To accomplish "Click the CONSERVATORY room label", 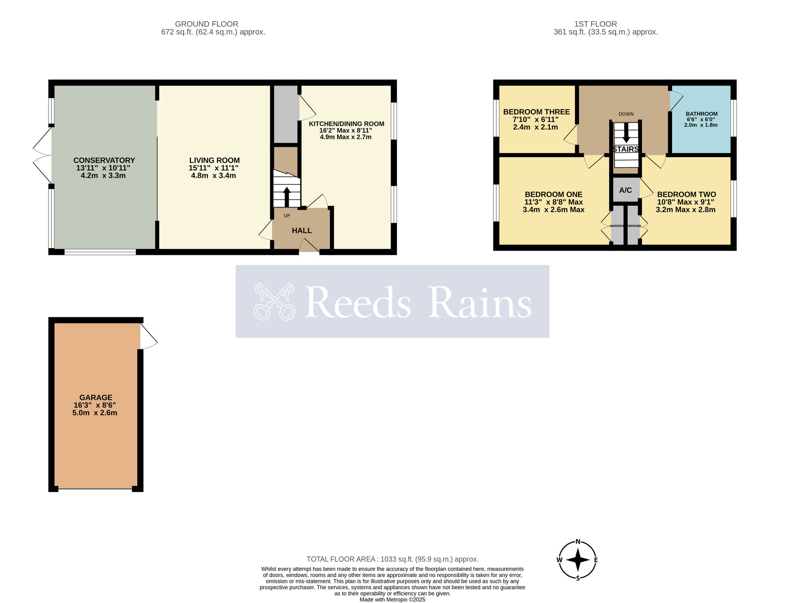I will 104,161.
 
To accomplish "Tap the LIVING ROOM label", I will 214,161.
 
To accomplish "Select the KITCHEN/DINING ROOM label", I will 346,124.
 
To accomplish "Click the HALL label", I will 302,231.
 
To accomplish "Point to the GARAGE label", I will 96,398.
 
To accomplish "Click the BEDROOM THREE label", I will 537,112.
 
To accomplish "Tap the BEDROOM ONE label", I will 553,195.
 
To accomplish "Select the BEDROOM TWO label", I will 686,195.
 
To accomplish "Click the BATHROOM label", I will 701,114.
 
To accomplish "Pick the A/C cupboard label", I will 625,190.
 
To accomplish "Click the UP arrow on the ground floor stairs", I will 287,196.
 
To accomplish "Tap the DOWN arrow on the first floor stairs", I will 626,133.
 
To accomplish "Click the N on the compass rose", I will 578,542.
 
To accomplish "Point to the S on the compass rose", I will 578,578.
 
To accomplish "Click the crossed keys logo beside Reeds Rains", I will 274,301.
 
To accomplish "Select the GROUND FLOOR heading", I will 206,24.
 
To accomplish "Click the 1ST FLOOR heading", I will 595,24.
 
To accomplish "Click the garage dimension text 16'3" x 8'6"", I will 95,405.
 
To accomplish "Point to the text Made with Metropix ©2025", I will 392,599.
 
